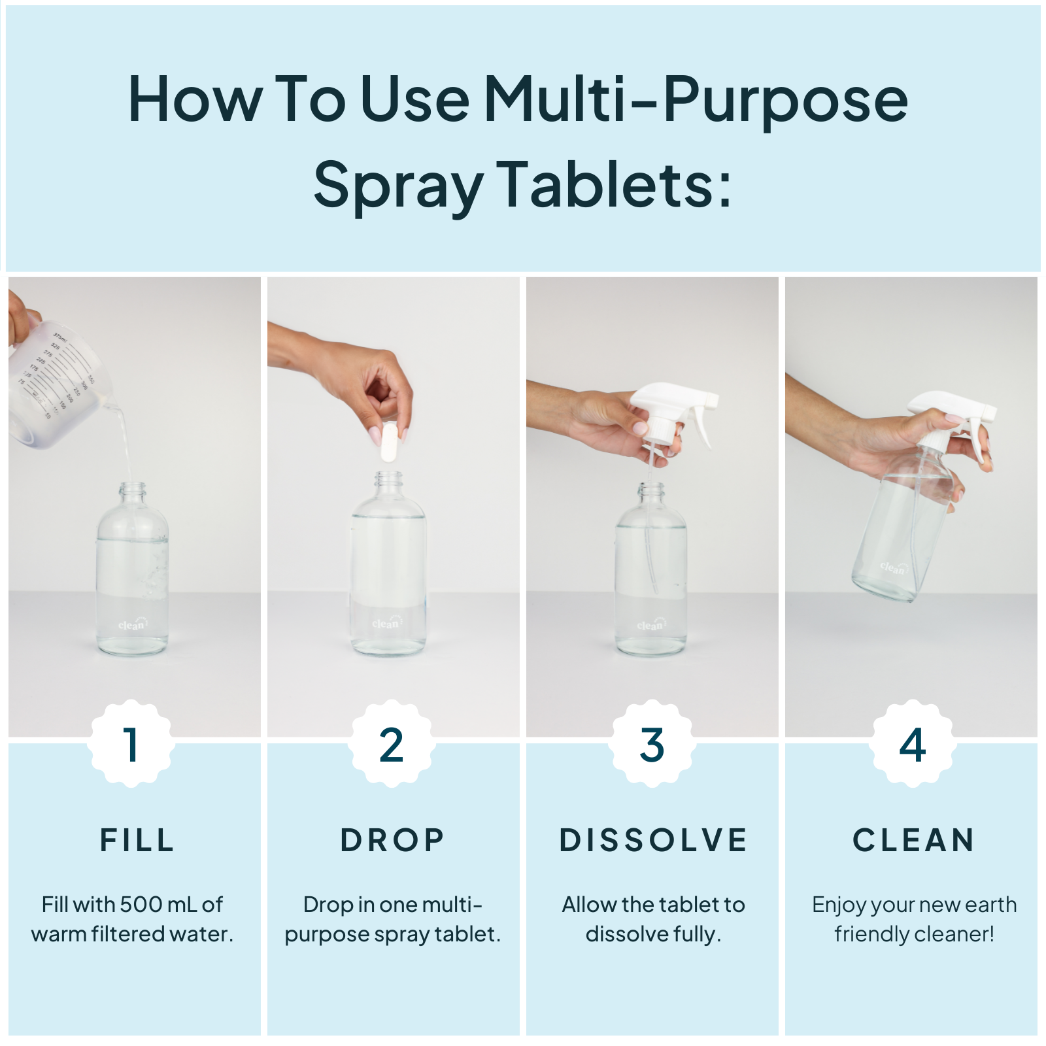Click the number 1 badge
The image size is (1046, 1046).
point(131,744)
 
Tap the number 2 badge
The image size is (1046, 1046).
point(391,744)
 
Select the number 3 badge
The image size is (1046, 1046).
point(652,744)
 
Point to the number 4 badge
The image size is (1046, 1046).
point(912,744)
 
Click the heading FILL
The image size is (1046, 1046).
point(137,840)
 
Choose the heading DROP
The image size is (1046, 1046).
point(392,840)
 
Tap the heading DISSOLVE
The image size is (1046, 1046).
point(653,840)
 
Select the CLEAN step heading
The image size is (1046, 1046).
point(913,840)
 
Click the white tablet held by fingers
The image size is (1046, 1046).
point(390,443)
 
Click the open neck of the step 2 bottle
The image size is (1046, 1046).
point(389,478)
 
